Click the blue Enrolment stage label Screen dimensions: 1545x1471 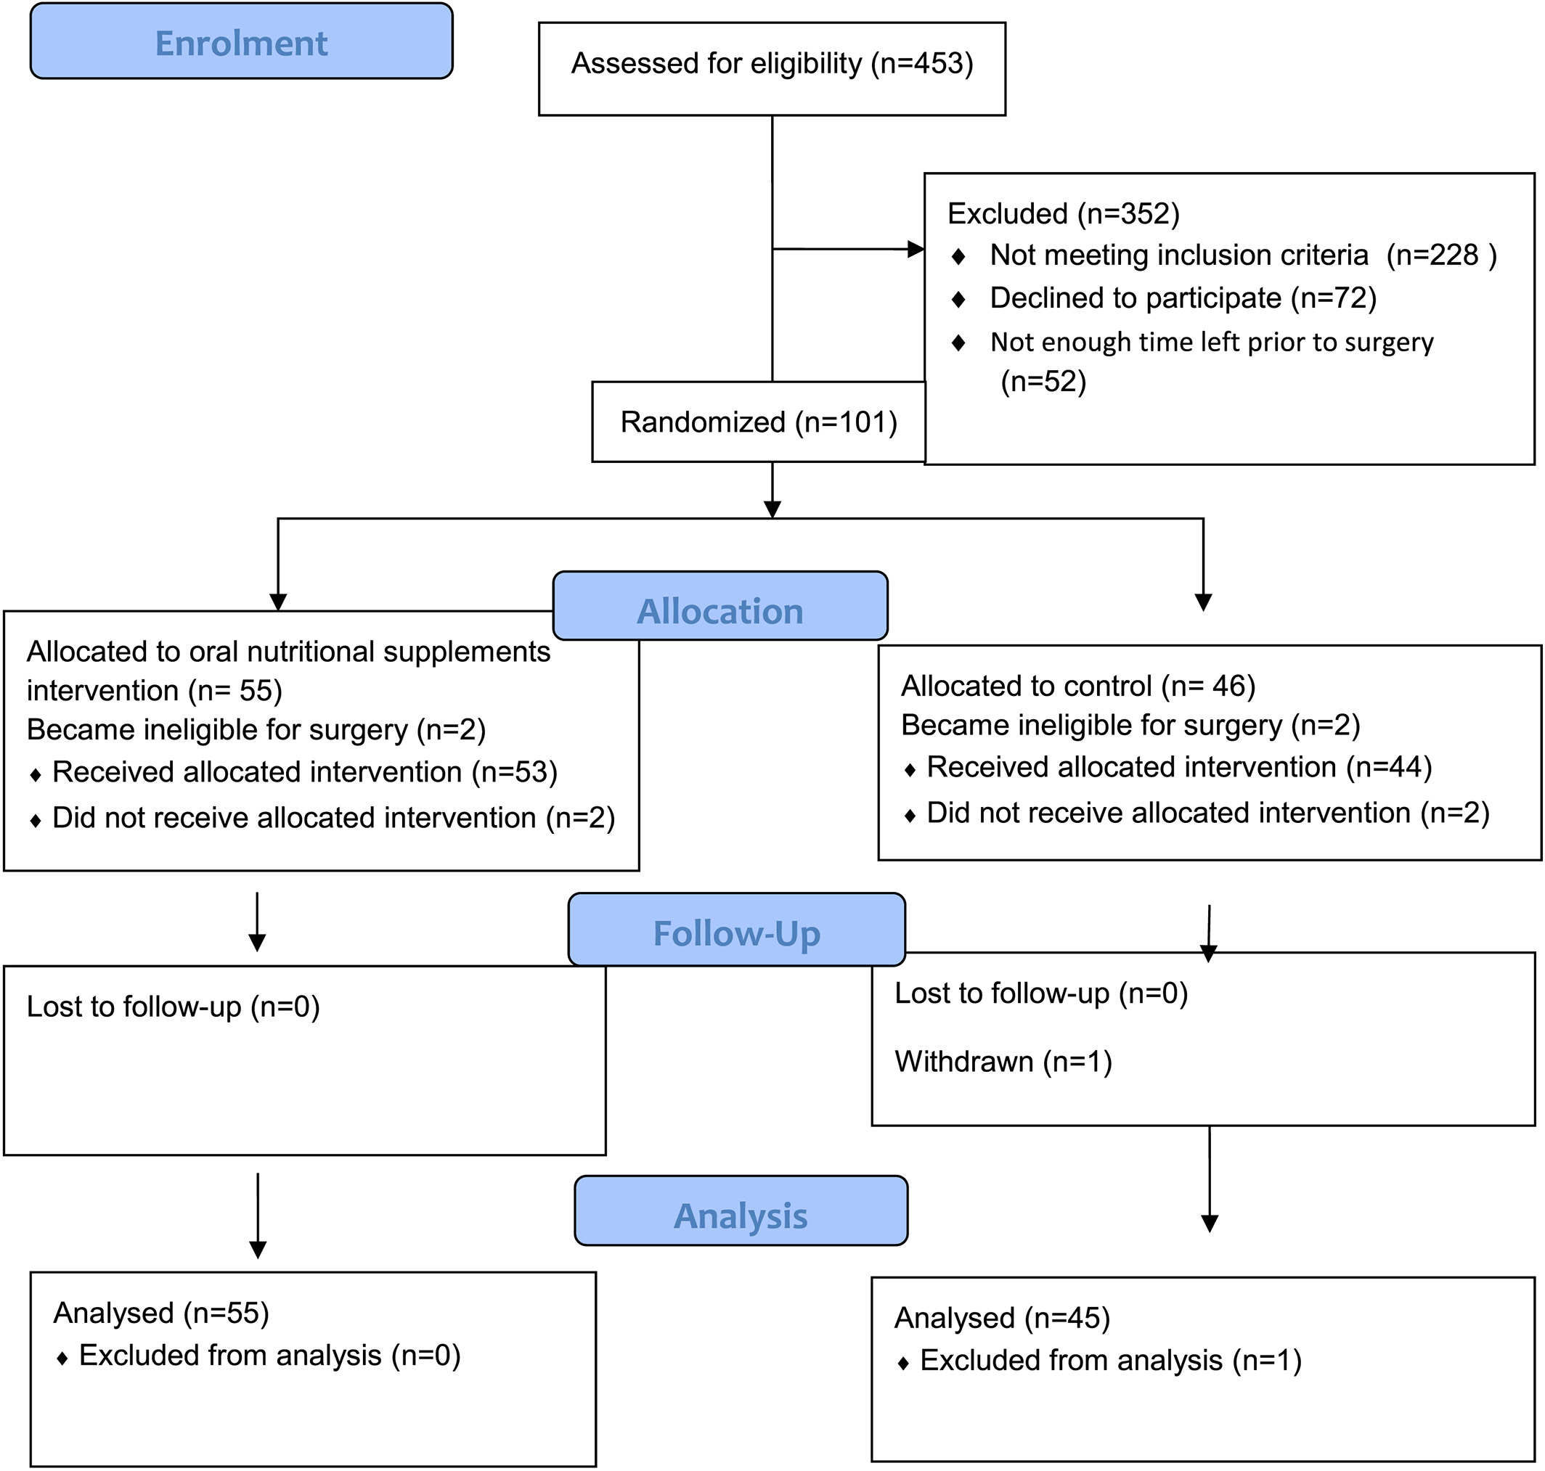pyautogui.click(x=242, y=41)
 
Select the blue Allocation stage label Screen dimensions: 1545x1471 pyautogui.click(x=720, y=605)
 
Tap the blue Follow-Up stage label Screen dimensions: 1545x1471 pyautogui.click(x=736, y=928)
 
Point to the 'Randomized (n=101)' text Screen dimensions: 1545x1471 pyautogui.click(x=759, y=422)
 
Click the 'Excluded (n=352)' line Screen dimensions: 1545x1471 pyautogui.click(x=1064, y=214)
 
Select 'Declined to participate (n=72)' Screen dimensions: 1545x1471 pyautogui.click(x=1183, y=299)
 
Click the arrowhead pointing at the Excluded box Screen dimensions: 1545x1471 pyautogui.click(x=916, y=250)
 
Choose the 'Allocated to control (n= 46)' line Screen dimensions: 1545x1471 pyautogui.click(x=1078, y=686)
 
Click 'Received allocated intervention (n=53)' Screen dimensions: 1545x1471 pyautogui.click(x=305, y=772)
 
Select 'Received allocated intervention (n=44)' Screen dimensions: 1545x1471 pyautogui.click(x=1180, y=768)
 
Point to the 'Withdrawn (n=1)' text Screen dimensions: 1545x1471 pyautogui.click(x=1003, y=1062)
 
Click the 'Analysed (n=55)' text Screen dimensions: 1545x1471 pyautogui.click(x=160, y=1314)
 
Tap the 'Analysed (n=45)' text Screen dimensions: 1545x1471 pyautogui.click(x=1002, y=1319)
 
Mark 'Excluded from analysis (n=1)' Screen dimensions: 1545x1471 pyautogui.click(x=1111, y=1361)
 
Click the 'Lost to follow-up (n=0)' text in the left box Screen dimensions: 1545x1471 pyautogui.click(x=174, y=1007)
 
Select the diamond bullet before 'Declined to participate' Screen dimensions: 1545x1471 pyautogui.click(x=958, y=299)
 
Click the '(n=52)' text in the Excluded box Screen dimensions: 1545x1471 pyautogui.click(x=1044, y=382)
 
